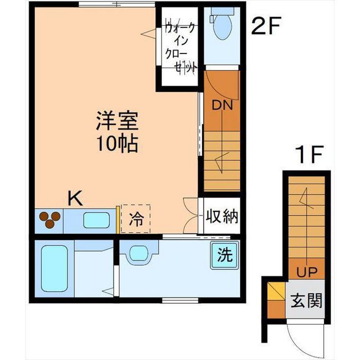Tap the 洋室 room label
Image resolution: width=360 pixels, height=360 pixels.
point(117,120)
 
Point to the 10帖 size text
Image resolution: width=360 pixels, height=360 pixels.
point(117,144)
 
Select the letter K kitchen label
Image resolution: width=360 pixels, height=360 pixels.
point(75,198)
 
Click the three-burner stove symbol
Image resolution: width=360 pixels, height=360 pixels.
point(49,219)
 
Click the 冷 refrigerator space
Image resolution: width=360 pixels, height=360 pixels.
point(136,218)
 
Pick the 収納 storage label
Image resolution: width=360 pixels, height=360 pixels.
point(221,215)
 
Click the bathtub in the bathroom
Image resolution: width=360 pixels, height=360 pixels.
point(54,268)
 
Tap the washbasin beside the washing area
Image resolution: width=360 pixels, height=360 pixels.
point(138,253)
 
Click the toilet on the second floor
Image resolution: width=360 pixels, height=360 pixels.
point(222,25)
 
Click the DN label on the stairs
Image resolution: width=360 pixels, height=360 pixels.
point(221,105)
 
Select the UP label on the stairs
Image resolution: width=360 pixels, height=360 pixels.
point(307,272)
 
